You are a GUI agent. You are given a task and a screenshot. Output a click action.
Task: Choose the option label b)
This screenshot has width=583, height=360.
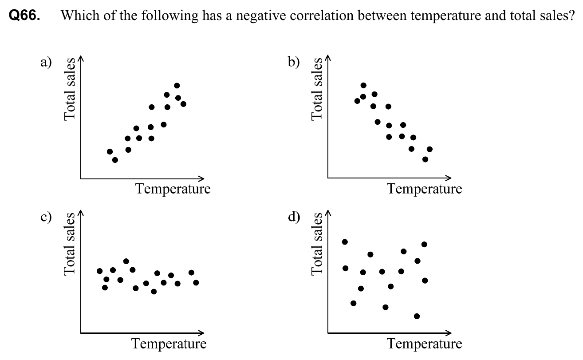(294, 62)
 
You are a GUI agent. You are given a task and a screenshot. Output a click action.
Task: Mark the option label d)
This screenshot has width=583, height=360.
(294, 218)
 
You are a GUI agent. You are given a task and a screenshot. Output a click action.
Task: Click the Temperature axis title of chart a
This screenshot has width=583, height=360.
(173, 189)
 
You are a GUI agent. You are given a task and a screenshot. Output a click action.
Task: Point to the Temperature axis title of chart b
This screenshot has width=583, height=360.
(425, 189)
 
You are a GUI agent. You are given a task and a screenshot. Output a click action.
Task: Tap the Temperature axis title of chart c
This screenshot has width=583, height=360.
(169, 344)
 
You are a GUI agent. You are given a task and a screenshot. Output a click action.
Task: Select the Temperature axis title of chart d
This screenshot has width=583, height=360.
(425, 344)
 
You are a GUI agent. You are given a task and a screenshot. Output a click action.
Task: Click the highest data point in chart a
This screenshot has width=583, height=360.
(177, 86)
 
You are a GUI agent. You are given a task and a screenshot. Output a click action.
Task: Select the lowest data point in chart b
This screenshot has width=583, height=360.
(425, 159)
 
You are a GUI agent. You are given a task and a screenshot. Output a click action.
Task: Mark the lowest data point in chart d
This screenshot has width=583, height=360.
(417, 316)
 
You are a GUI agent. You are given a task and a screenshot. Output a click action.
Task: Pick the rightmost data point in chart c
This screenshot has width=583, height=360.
(196, 282)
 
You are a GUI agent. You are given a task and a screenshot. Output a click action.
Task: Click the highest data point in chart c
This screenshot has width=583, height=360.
(126, 261)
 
